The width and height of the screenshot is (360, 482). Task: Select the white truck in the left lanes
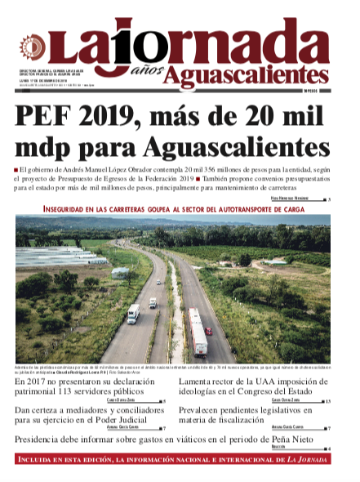click(x=153, y=303)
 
